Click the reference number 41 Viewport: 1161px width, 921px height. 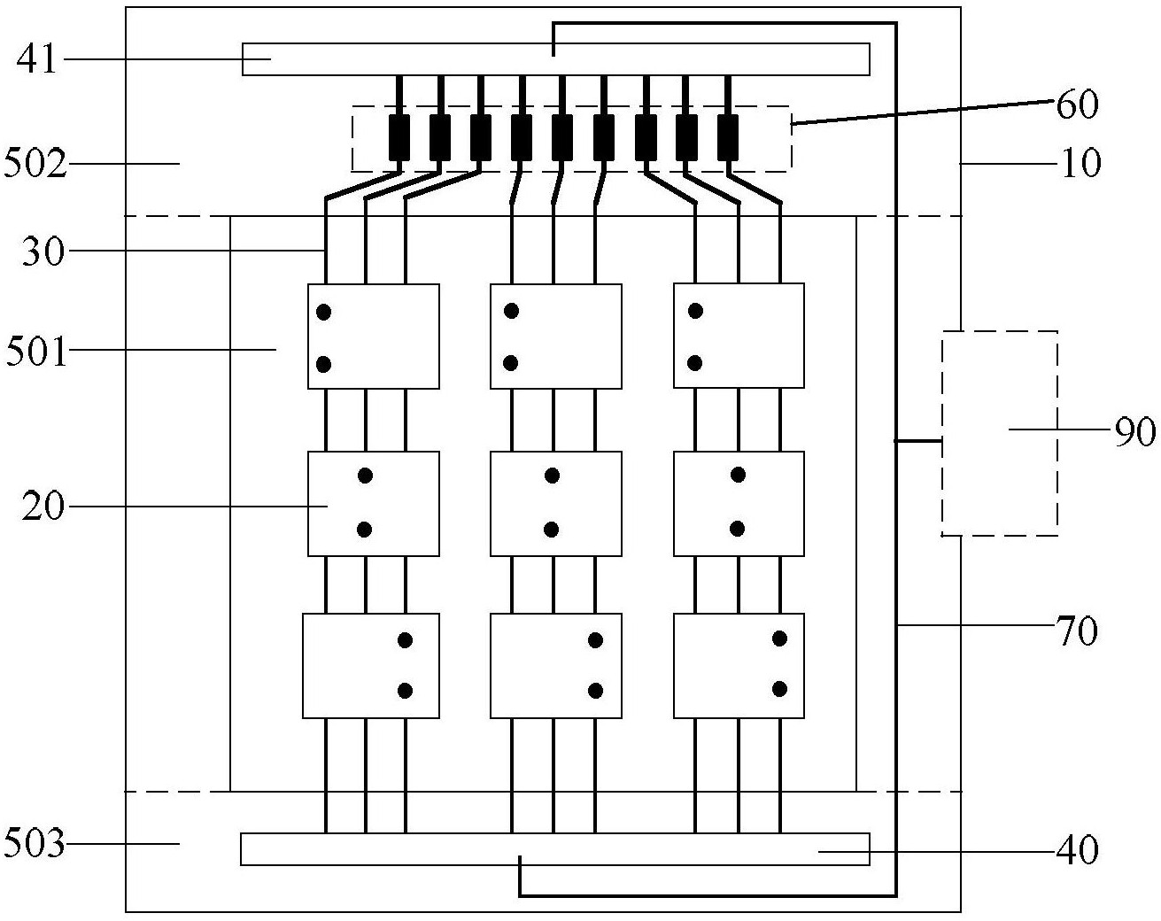tap(36, 60)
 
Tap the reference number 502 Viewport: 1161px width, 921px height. tap(35, 164)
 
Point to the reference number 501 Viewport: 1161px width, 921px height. tap(36, 352)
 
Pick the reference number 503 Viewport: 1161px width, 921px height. tap(35, 844)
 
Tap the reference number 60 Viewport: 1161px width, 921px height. tap(1077, 104)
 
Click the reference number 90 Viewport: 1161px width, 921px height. tap(1134, 431)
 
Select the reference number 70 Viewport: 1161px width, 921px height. tap(1077, 631)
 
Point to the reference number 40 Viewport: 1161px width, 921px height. tap(1077, 851)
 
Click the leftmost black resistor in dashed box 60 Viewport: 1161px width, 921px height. tap(399, 136)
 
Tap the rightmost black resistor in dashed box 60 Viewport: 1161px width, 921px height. tap(728, 136)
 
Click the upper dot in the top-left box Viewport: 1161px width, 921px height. tap(324, 312)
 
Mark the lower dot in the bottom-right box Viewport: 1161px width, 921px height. tap(779, 688)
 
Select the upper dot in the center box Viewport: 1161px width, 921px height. tap(552, 476)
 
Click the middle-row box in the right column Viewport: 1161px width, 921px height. tap(739, 503)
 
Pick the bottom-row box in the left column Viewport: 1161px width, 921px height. tap(371, 665)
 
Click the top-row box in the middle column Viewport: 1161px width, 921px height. tap(555, 337)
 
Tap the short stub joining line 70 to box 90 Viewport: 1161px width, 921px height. tap(918, 440)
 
